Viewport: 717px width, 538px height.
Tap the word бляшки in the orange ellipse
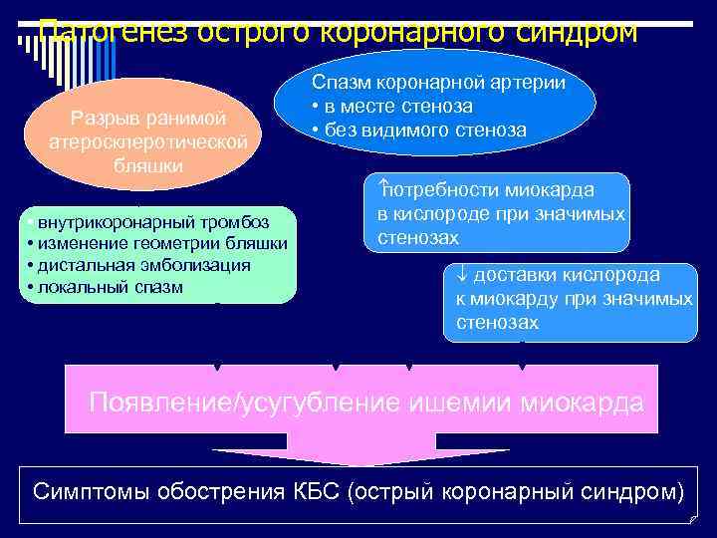coord(148,165)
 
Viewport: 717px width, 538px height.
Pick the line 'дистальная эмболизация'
coord(144,265)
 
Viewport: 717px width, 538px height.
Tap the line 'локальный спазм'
coord(111,287)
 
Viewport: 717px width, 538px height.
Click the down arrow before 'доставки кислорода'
coord(461,275)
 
